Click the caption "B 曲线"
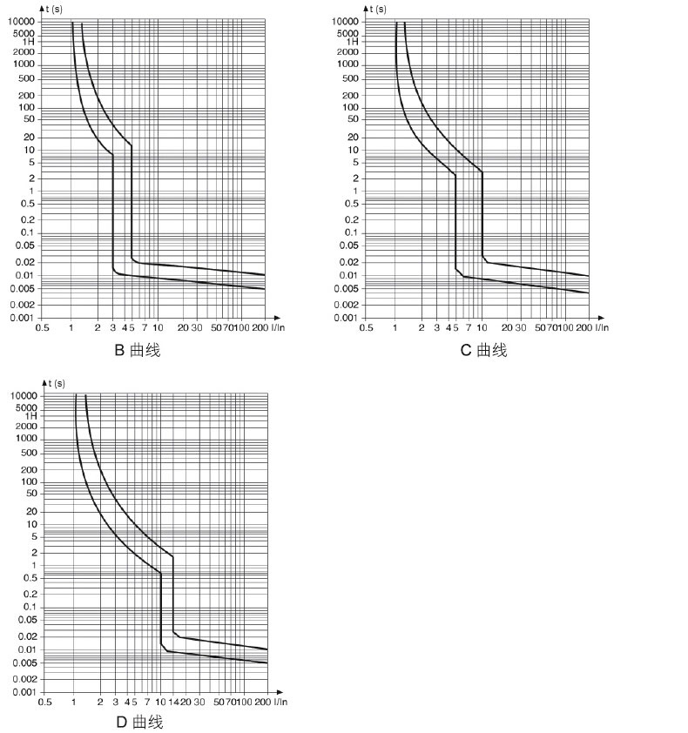tap(138, 351)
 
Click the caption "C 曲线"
tap(483, 351)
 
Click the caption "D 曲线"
tap(139, 723)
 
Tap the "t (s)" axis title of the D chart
tap(56, 383)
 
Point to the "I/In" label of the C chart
tap(601, 327)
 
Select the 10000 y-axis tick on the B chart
tap(22, 21)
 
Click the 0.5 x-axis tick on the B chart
tap(41, 327)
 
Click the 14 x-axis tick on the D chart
tap(173, 702)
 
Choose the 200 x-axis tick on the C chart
tap(583, 327)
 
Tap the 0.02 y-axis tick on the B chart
tap(24, 262)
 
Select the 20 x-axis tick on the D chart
tap(186, 702)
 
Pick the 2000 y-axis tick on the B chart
tap(24, 51)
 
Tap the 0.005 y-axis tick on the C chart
tap(348, 288)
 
